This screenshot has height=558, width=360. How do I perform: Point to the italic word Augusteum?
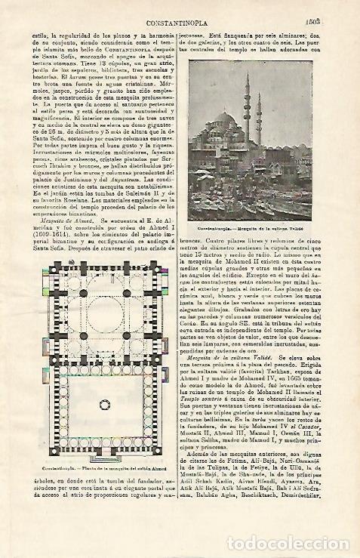(121, 202)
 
